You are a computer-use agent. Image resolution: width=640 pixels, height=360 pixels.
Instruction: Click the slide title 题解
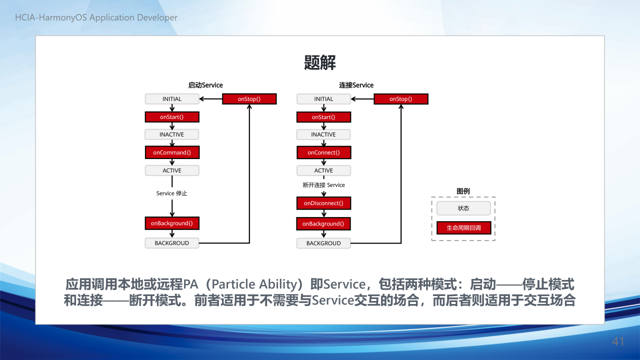(x=319, y=62)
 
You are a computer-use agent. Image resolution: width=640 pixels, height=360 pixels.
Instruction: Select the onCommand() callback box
(x=172, y=152)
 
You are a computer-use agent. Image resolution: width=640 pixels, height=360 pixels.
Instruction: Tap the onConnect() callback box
(x=323, y=152)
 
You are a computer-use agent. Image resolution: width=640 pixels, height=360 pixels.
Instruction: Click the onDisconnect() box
(x=323, y=203)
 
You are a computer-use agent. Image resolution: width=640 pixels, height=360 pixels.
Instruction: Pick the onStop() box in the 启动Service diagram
(x=249, y=99)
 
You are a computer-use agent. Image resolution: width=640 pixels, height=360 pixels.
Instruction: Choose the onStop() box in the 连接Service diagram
(x=401, y=99)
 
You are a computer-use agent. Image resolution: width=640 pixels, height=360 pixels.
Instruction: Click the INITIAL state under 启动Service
(x=172, y=99)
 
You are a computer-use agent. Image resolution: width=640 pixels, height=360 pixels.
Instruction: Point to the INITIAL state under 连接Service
(x=323, y=99)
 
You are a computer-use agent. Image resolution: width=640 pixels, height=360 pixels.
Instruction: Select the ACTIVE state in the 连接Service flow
(x=323, y=170)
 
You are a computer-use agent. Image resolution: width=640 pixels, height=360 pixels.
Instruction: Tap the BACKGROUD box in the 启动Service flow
(x=172, y=243)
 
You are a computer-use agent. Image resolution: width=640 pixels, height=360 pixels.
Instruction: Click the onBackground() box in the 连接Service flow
(x=323, y=223)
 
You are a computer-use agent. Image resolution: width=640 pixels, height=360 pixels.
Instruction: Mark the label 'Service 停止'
(x=171, y=193)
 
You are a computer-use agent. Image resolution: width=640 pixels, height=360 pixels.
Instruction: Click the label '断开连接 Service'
(x=323, y=185)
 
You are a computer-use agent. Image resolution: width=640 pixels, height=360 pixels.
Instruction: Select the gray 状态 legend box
(x=463, y=208)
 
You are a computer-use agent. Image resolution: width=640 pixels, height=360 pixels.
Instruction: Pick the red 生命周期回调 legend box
(x=463, y=227)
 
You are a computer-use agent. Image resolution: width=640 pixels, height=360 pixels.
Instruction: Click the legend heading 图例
(x=463, y=191)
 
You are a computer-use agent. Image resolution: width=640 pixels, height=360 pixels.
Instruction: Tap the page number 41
(x=618, y=341)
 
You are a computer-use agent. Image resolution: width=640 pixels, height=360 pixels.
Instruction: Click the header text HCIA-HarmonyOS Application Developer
(x=96, y=17)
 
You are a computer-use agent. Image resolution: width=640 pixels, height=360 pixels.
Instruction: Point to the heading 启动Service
(x=205, y=85)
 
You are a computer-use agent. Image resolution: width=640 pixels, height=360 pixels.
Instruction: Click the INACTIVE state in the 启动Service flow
(x=171, y=134)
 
